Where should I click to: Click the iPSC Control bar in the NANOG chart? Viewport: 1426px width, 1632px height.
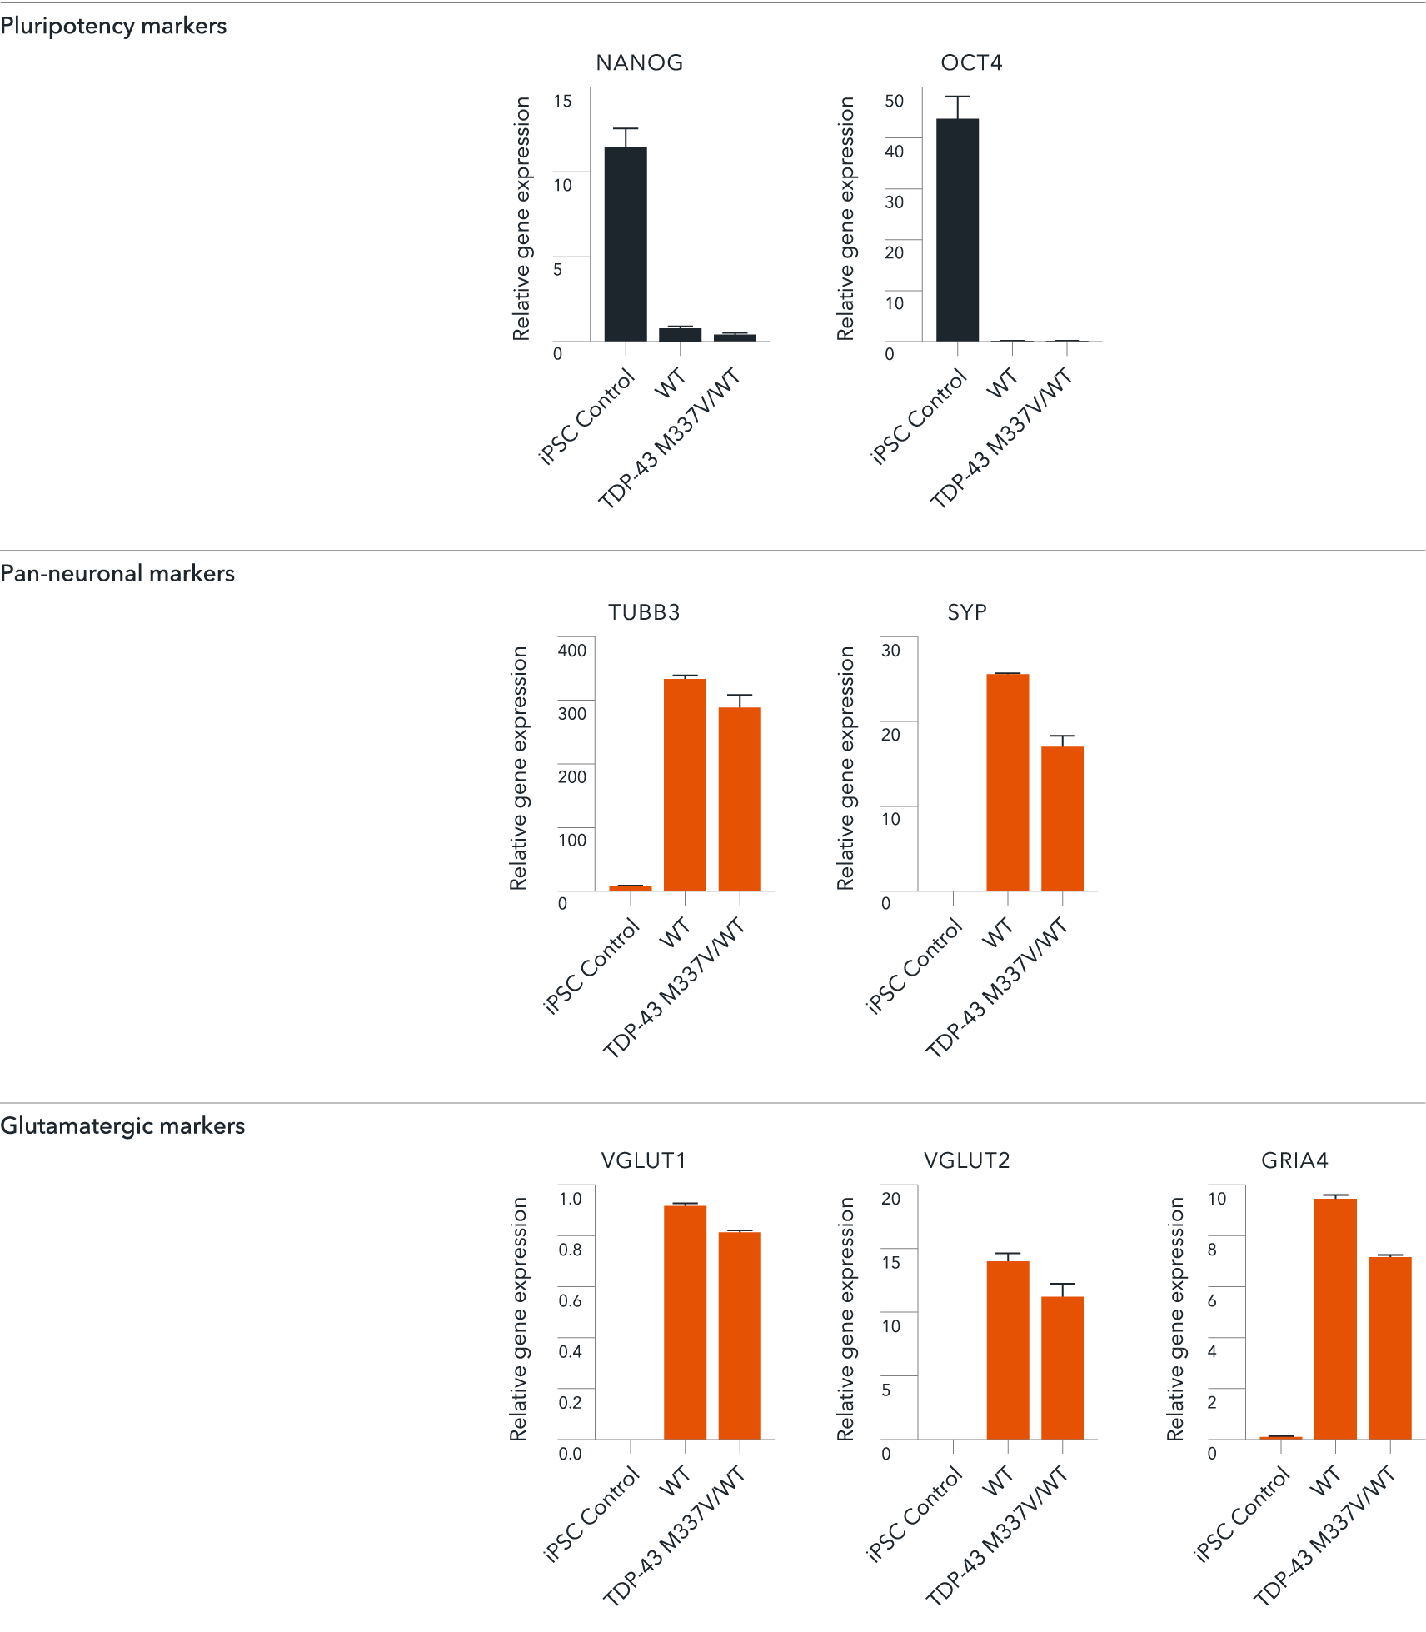pos(625,244)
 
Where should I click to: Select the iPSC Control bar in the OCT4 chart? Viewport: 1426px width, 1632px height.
pos(957,230)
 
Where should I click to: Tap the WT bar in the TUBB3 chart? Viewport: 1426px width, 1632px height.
pos(685,785)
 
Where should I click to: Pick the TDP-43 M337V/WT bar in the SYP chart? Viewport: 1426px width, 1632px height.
pos(1062,819)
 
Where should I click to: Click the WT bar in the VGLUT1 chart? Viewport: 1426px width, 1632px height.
pos(685,1322)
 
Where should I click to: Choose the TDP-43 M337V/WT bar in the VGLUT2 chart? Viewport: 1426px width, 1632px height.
pos(1062,1368)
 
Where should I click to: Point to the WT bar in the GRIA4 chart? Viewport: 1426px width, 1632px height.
pos(1335,1319)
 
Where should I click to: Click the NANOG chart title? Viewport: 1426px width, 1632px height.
pos(639,63)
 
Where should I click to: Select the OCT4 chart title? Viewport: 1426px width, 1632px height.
pos(971,63)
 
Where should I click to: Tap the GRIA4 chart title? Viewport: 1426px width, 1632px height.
pos(1294,1160)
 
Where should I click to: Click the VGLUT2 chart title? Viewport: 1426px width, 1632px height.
pos(966,1160)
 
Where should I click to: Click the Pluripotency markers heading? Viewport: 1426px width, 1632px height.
pos(113,26)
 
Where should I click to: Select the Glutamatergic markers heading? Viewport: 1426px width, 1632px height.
pos(122,1125)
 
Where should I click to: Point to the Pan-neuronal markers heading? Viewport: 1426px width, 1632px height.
pos(117,573)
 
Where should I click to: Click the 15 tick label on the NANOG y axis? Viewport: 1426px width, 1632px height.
pos(562,101)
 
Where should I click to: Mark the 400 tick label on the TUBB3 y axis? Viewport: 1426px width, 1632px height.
pos(571,651)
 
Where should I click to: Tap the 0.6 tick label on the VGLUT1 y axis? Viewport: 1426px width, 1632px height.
pos(570,1300)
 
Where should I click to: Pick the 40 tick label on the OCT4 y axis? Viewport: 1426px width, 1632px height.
pos(894,152)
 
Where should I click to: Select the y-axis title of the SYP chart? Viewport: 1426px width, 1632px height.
pos(845,768)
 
